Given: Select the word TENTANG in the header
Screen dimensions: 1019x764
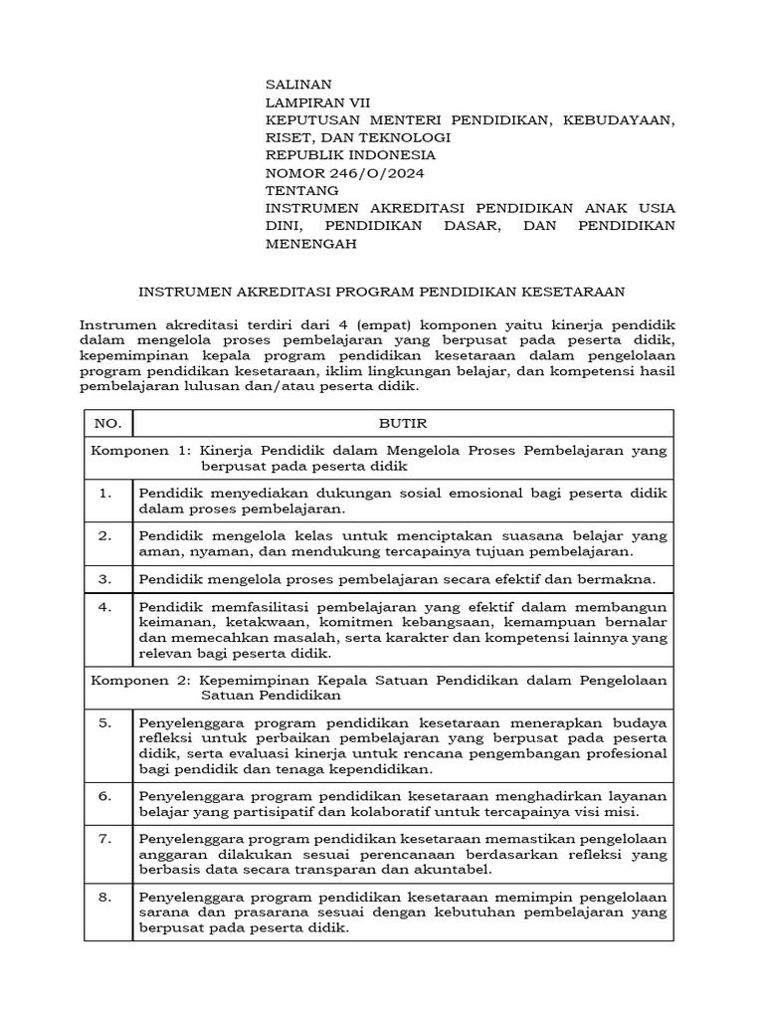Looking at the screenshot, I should (x=301, y=191).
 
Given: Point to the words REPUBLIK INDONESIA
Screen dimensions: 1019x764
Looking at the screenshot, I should (x=349, y=155).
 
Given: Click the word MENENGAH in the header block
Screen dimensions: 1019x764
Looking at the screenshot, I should (x=310, y=245).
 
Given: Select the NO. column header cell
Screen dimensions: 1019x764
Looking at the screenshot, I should (x=107, y=423).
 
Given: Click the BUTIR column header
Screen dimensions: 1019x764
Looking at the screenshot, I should (x=402, y=423).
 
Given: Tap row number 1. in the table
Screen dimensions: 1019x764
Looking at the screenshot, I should (x=107, y=492).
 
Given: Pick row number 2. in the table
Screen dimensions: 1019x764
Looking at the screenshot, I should (x=107, y=534).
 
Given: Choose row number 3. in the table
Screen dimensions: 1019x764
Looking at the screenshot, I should (x=107, y=577).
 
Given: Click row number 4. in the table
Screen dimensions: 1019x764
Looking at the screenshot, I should (x=107, y=606).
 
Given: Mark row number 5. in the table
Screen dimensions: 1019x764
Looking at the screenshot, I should (x=107, y=721).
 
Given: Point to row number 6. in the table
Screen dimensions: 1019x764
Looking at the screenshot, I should (x=107, y=796).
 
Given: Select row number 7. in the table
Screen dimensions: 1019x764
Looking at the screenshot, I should (x=107, y=839).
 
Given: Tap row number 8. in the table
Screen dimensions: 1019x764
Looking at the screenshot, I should (x=107, y=897).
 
